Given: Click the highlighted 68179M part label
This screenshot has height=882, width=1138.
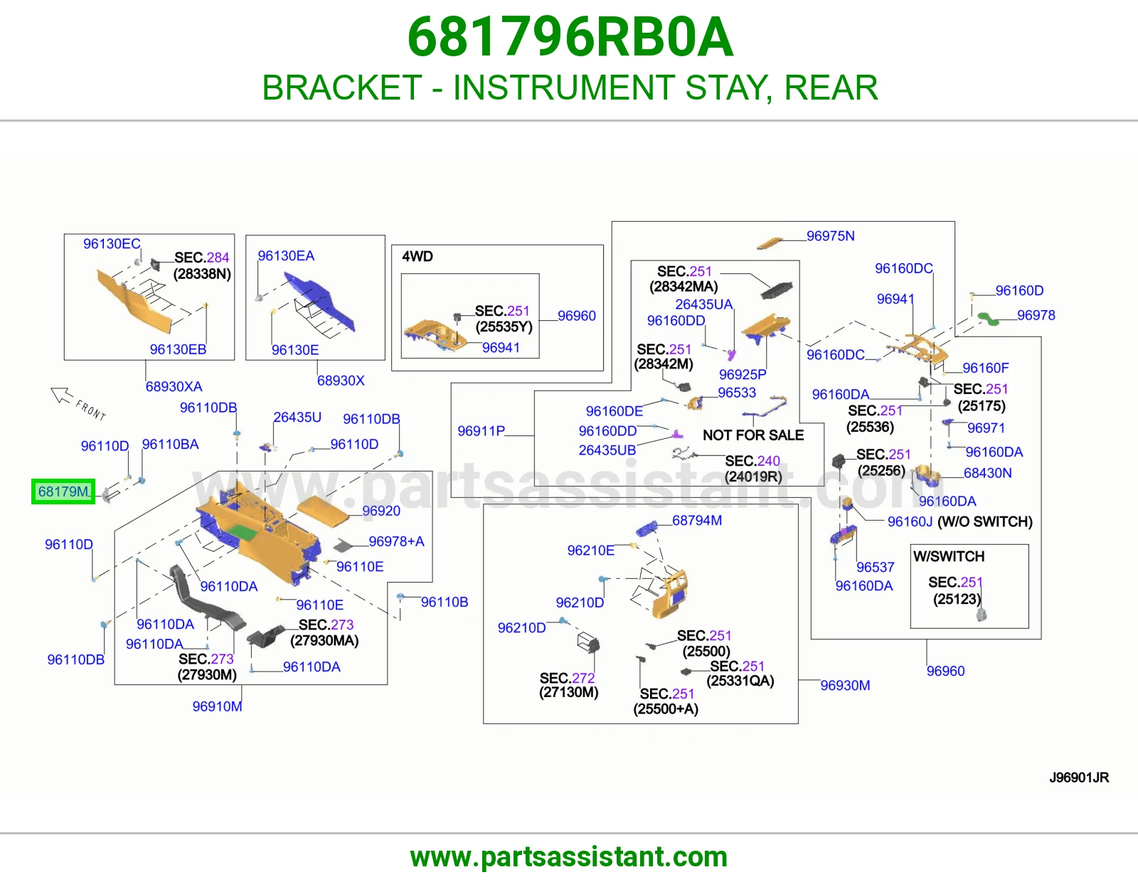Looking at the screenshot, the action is pos(63,492).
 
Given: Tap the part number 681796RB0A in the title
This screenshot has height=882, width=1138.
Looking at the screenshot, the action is pos(570,37).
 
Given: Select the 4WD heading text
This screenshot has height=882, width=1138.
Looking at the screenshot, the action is pos(418,257).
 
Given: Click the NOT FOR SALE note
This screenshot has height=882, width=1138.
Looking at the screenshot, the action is pos(753,435).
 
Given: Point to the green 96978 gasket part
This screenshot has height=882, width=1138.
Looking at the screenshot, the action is pos(989,318).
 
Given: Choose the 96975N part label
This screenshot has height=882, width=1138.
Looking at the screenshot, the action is pos(830,236).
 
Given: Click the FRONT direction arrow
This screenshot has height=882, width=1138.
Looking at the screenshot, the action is pos(62,395).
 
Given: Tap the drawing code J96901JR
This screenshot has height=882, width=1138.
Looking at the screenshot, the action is pos(1079,777).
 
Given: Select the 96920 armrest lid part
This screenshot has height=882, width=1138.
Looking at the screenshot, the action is pos(323,509).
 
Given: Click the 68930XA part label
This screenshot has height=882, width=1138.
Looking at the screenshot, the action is pos(174,386).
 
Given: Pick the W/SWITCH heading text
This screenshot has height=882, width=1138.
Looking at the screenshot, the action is pos(948,556).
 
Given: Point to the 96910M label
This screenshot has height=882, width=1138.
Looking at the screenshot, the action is pos(217,706).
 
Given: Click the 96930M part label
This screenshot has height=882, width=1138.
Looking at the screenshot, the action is pos(845,685).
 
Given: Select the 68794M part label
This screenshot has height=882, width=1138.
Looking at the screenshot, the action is pos(697,520).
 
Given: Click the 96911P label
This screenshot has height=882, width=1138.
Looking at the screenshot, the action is pos(482,431).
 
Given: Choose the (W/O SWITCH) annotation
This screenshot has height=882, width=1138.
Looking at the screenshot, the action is pos(985,521).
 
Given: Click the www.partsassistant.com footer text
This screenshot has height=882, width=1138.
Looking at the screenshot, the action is pos(569,857).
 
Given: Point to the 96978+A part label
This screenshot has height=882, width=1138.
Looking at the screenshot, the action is pos(396,541).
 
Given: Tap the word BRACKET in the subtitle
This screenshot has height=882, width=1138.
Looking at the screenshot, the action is pos(342,87).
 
